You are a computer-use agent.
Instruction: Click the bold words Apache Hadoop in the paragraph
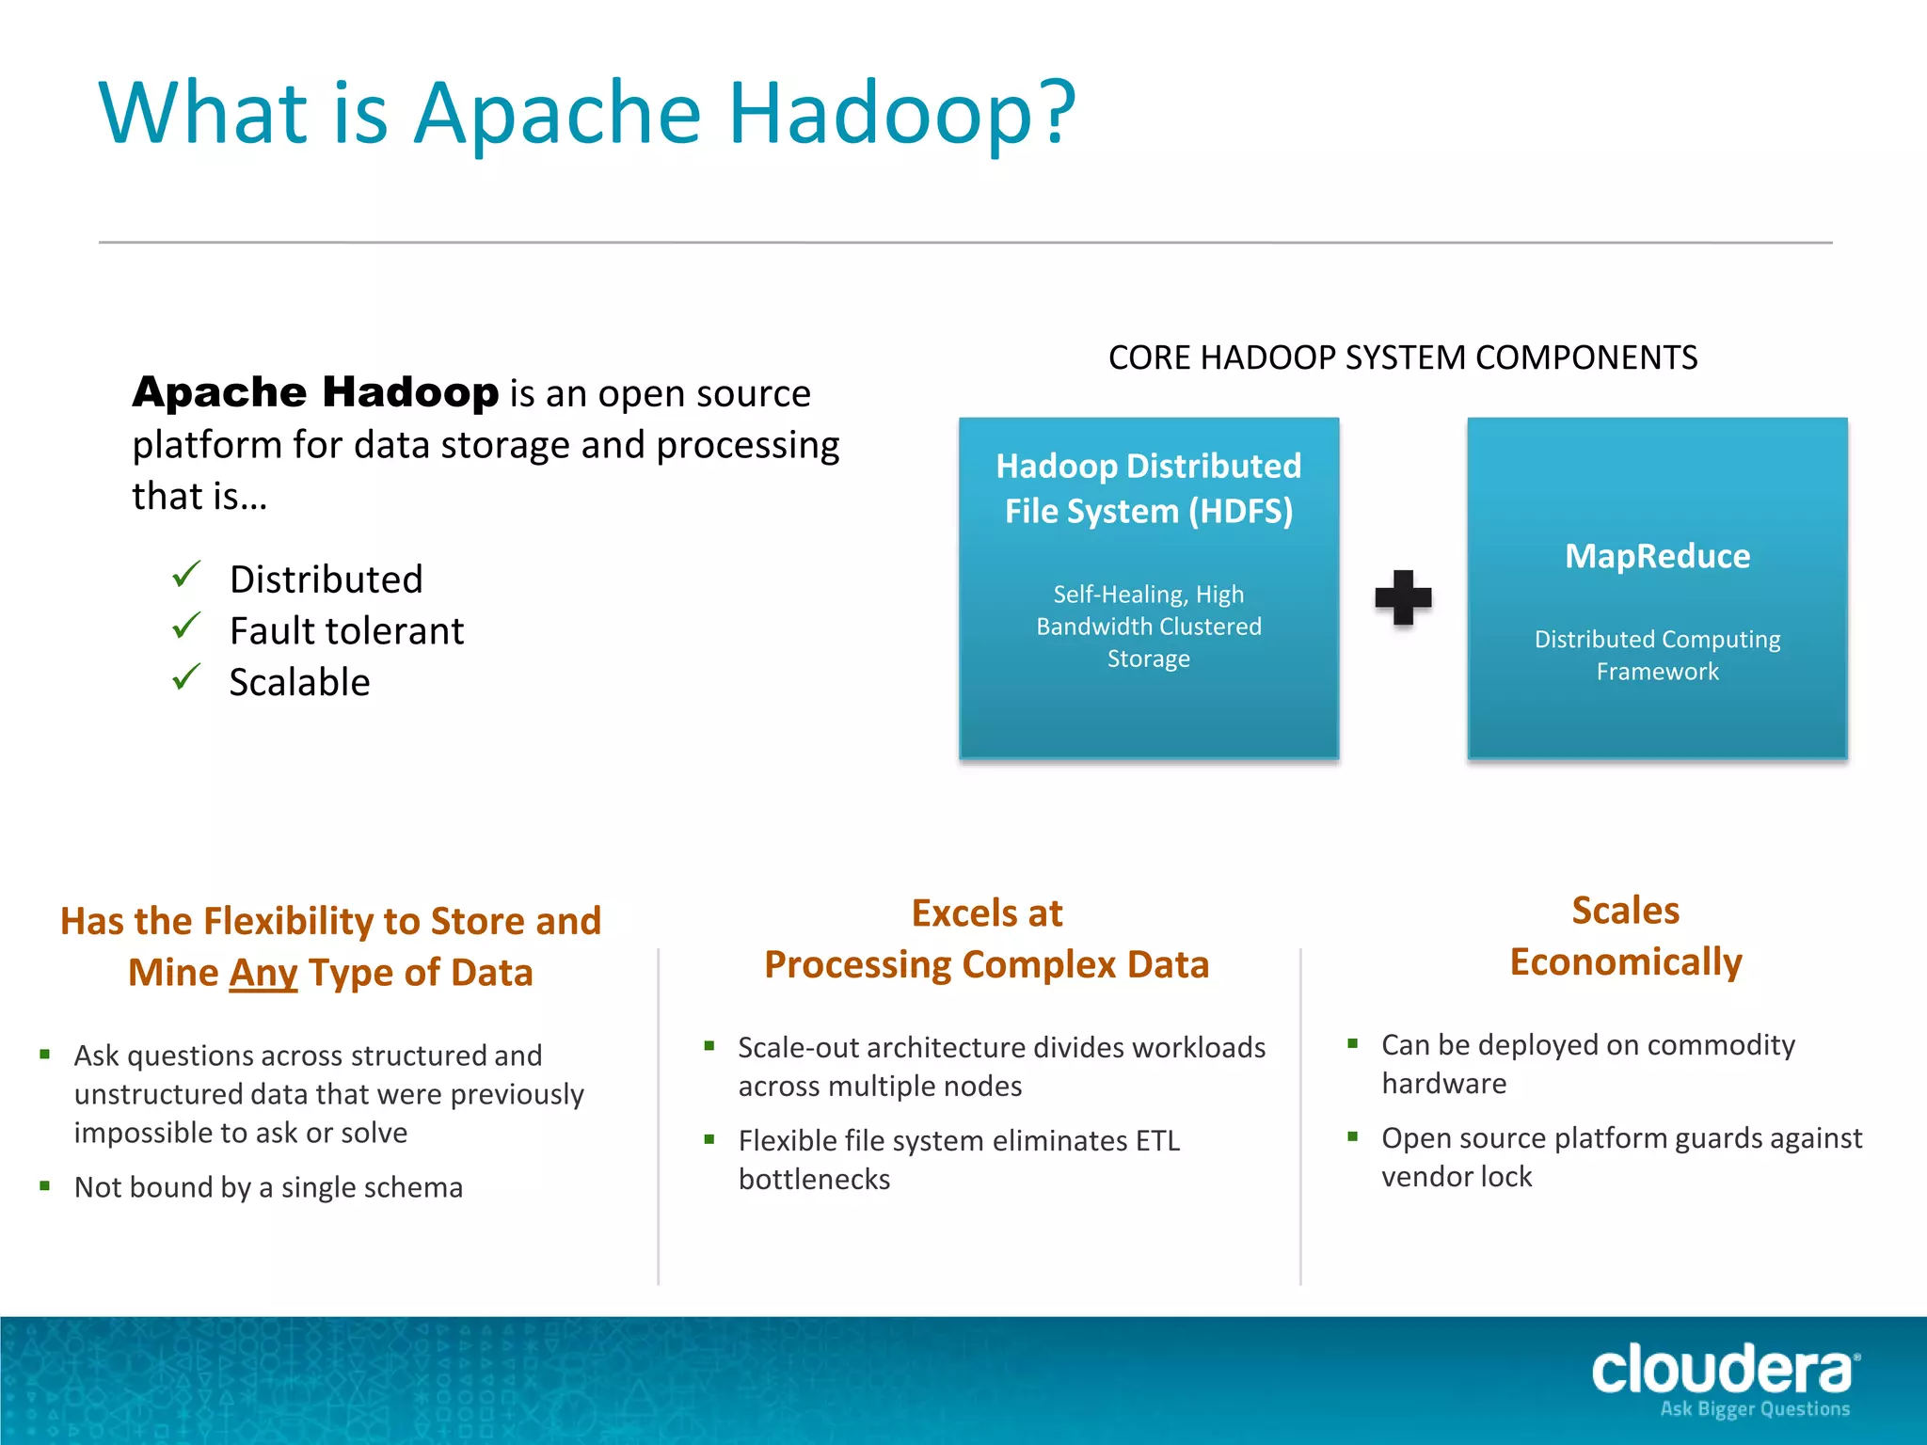[315, 392]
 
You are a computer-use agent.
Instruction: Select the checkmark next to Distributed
[186, 574]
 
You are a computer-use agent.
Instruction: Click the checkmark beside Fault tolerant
[186, 626]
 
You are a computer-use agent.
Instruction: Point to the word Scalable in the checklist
[299, 682]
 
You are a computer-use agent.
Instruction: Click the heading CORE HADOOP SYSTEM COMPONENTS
[1402, 357]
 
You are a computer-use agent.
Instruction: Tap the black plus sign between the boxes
[1403, 597]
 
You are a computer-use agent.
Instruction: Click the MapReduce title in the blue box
[1657, 556]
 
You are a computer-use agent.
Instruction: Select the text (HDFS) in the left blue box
[1240, 512]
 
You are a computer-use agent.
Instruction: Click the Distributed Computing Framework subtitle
[1657, 655]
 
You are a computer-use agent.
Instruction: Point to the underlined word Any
[263, 973]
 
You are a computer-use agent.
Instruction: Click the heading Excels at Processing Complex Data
[986, 939]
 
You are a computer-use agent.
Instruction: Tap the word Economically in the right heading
[1625, 962]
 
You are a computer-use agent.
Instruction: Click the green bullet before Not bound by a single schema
[44, 1186]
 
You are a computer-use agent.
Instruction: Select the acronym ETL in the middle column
[1156, 1140]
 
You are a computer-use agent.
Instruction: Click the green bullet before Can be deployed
[1352, 1043]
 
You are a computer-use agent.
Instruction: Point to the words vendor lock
[1456, 1177]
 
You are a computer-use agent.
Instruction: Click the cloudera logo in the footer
[1722, 1369]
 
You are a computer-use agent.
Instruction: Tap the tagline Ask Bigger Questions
[1754, 1409]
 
